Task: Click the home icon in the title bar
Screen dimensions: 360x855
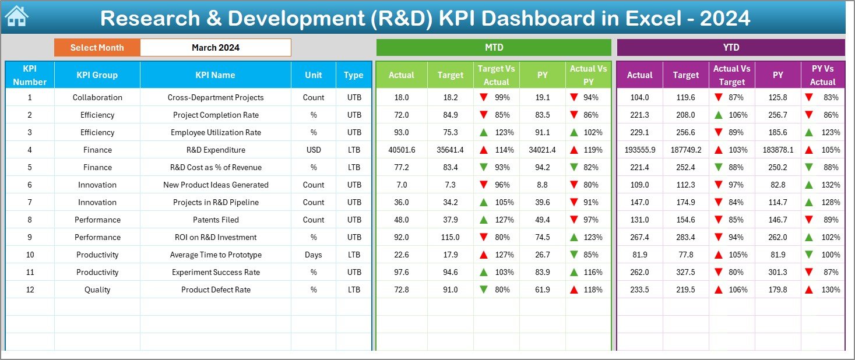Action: [16, 17]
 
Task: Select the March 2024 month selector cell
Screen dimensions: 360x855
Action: [216, 48]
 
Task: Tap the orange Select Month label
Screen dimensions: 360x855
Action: [97, 48]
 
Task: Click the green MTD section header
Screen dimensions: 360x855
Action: [494, 47]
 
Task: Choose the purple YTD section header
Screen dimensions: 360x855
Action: [731, 47]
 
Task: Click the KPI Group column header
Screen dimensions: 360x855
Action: [97, 75]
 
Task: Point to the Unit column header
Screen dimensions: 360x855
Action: [314, 75]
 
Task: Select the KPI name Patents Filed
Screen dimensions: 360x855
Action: [216, 220]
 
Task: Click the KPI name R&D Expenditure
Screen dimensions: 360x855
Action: [216, 150]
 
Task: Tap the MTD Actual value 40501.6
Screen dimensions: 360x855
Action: [402, 150]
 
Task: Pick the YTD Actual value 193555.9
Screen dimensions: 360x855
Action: [639, 150]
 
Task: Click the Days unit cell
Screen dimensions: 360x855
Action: [314, 255]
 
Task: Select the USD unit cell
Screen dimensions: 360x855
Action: [314, 150]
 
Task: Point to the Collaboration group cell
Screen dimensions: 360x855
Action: [97, 97]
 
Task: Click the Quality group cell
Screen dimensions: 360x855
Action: [97, 290]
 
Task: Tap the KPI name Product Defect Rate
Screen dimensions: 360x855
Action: [216, 290]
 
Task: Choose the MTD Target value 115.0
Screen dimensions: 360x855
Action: [450, 237]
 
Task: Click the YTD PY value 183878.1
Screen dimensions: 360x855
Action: [777, 150]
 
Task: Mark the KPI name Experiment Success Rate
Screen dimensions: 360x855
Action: [216, 272]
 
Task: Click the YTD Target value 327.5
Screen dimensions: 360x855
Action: [685, 272]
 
